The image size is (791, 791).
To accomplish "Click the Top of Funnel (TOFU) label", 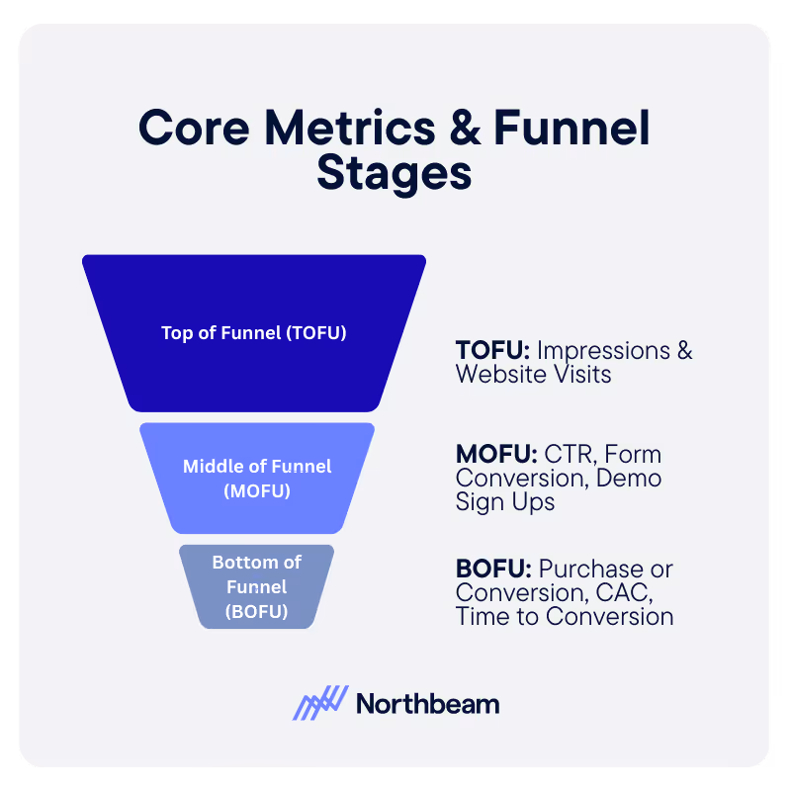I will click(x=254, y=332).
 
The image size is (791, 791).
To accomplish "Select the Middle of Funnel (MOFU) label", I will click(x=257, y=478).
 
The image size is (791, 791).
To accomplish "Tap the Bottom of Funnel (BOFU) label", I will click(x=257, y=586).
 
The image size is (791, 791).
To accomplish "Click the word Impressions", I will click(x=599, y=351).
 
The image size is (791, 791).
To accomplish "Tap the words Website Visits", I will click(x=533, y=375).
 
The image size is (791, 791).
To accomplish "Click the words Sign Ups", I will click(x=504, y=502).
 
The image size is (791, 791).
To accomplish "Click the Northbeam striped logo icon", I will click(x=320, y=702).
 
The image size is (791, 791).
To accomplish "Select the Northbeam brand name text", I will click(x=427, y=704).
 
